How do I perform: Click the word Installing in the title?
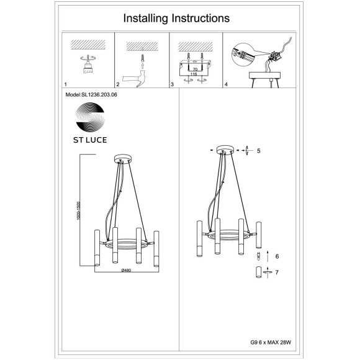(146, 19)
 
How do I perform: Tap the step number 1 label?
(66, 84)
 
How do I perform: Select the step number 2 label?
(118, 84)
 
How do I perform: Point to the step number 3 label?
(172, 84)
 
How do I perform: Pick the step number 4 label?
(226, 84)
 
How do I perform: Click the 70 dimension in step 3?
(195, 70)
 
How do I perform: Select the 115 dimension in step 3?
(194, 74)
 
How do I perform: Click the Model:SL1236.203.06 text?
(91, 94)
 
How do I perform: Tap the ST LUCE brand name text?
(90, 140)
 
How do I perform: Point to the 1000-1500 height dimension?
(79, 210)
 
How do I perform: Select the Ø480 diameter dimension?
(126, 270)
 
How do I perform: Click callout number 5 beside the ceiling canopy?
(259, 151)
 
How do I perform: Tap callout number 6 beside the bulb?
(277, 256)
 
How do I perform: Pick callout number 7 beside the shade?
(277, 272)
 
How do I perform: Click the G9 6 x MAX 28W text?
(271, 343)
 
